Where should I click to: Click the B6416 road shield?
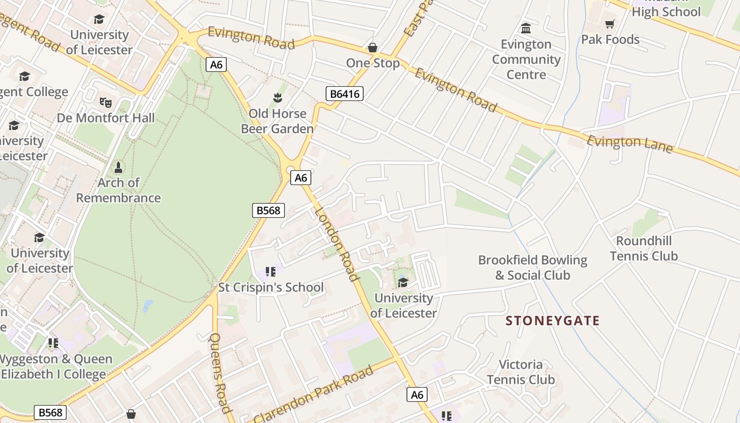344,94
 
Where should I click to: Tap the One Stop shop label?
373,63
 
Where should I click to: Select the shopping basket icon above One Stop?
373,48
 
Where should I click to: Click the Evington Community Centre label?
526,59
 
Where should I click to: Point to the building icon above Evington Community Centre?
526,28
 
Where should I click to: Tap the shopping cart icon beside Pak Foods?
610,24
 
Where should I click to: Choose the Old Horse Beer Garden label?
277,121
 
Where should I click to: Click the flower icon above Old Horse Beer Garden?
277,97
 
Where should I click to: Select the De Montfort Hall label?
106,117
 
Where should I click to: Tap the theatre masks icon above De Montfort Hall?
106,102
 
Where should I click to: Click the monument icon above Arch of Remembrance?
118,168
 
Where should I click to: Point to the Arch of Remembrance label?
118,190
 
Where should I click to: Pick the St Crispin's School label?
271,288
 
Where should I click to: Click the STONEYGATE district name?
553,320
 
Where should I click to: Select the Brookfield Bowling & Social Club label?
533,268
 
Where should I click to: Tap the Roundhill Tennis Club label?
644,249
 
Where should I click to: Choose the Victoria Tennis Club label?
521,372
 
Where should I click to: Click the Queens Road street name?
221,373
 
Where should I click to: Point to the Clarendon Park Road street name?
313,393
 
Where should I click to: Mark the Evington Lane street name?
630,144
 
